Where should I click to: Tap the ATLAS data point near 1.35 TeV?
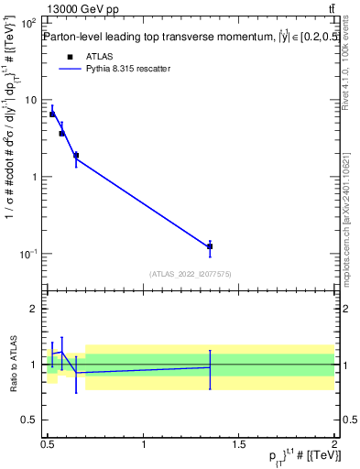210,246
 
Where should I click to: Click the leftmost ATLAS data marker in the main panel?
52,115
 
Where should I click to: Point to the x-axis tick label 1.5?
239,444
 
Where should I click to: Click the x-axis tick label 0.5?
48,444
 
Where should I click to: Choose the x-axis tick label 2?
334,444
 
